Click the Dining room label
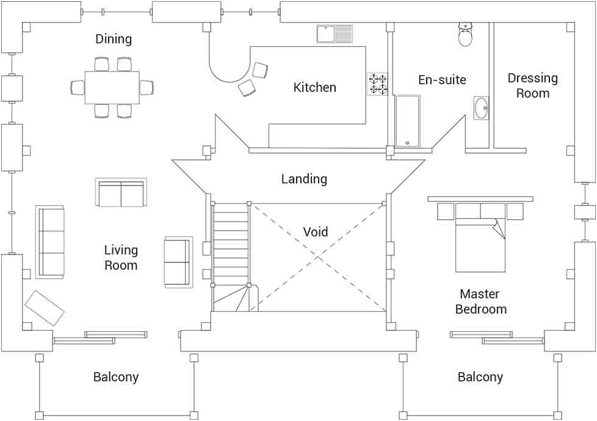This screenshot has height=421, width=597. [114, 39]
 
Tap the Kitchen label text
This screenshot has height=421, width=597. [314, 87]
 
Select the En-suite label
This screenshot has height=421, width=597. [442, 79]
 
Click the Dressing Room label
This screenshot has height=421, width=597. [533, 85]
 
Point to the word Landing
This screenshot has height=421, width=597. [304, 179]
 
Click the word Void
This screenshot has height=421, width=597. [315, 231]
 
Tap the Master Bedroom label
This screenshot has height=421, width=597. [480, 301]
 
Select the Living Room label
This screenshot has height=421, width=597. [121, 257]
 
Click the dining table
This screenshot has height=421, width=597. [112, 87]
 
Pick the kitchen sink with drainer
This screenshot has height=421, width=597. [335, 34]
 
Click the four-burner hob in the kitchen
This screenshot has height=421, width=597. [377, 84]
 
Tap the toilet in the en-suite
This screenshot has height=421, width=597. [465, 34]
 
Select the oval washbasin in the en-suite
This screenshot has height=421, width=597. [481, 108]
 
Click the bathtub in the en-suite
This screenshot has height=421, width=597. [408, 121]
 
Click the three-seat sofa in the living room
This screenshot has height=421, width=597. [50, 242]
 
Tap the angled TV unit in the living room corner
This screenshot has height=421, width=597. [44, 308]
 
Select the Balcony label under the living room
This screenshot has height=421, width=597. [116, 377]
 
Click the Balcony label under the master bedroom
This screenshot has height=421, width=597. [480, 377]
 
